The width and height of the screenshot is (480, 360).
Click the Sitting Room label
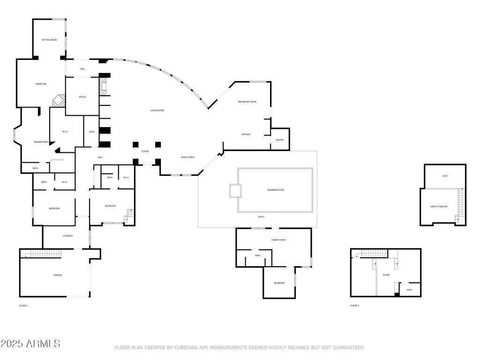[x=49, y=40]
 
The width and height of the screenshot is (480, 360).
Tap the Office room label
[x=82, y=97]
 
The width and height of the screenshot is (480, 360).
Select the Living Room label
[x=157, y=110]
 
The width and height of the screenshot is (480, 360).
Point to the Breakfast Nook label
[x=247, y=102]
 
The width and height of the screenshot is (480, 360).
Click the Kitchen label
[x=246, y=135]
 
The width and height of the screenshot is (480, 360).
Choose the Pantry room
[x=280, y=140]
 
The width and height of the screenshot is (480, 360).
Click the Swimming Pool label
[x=276, y=190]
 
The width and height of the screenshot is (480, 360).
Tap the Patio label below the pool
[x=261, y=217]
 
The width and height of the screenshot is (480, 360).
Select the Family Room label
[x=278, y=240]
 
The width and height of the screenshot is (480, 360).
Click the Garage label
[x=57, y=275]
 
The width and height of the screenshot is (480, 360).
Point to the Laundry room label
[x=68, y=236]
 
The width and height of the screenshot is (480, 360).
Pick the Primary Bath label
[x=41, y=142]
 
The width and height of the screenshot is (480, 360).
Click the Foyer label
[x=145, y=151]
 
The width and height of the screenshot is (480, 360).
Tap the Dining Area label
[x=187, y=157]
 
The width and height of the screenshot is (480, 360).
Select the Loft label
[x=445, y=176]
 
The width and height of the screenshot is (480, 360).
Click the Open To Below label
[x=439, y=206]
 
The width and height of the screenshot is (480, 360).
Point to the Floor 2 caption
[x=354, y=306]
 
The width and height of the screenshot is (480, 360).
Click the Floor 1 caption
[x=23, y=306]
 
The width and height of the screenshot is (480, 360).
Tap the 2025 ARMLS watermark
[x=30, y=344]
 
